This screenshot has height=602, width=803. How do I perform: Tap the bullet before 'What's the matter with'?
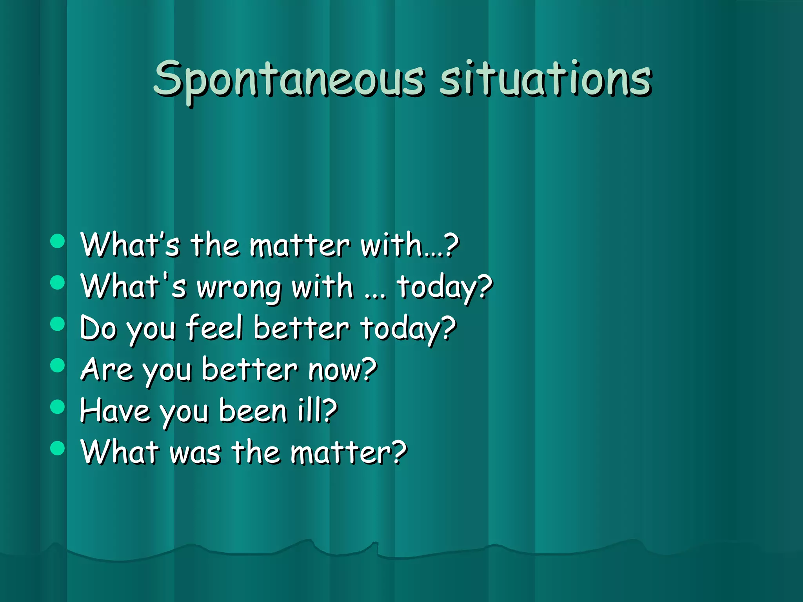(58, 241)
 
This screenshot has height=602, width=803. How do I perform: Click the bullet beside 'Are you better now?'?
(58, 365)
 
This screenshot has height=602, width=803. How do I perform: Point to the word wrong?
(239, 288)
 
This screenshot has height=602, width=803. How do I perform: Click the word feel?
(214, 328)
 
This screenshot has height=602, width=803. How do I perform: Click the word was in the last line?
(195, 453)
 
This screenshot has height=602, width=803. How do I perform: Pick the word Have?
(115, 411)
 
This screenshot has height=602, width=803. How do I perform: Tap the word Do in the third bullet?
(98, 328)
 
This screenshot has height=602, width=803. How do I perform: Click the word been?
(253, 411)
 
